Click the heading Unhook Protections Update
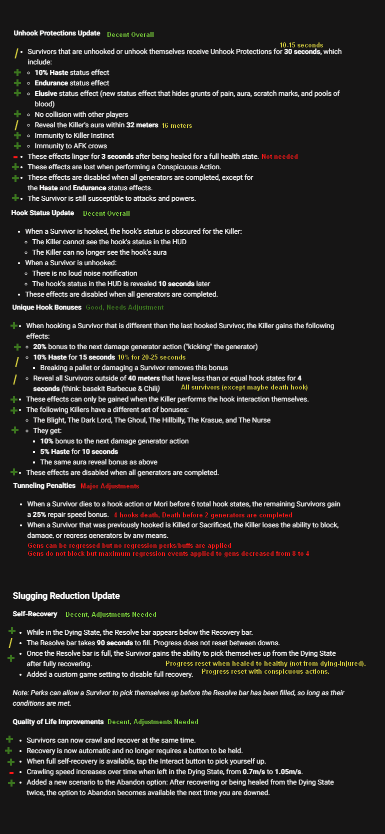click(56, 33)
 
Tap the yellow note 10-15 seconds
click(301, 45)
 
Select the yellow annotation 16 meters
click(176, 125)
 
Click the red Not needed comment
click(279, 156)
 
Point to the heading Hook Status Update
click(42, 213)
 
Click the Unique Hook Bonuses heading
click(46, 307)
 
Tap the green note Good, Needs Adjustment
click(124, 307)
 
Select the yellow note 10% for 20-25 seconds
click(151, 357)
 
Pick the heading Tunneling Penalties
click(44, 485)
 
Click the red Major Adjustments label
click(109, 486)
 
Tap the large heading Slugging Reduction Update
click(66, 596)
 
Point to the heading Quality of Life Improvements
click(58, 722)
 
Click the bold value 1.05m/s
click(288, 772)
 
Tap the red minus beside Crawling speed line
click(11, 773)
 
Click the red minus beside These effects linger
click(15, 157)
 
